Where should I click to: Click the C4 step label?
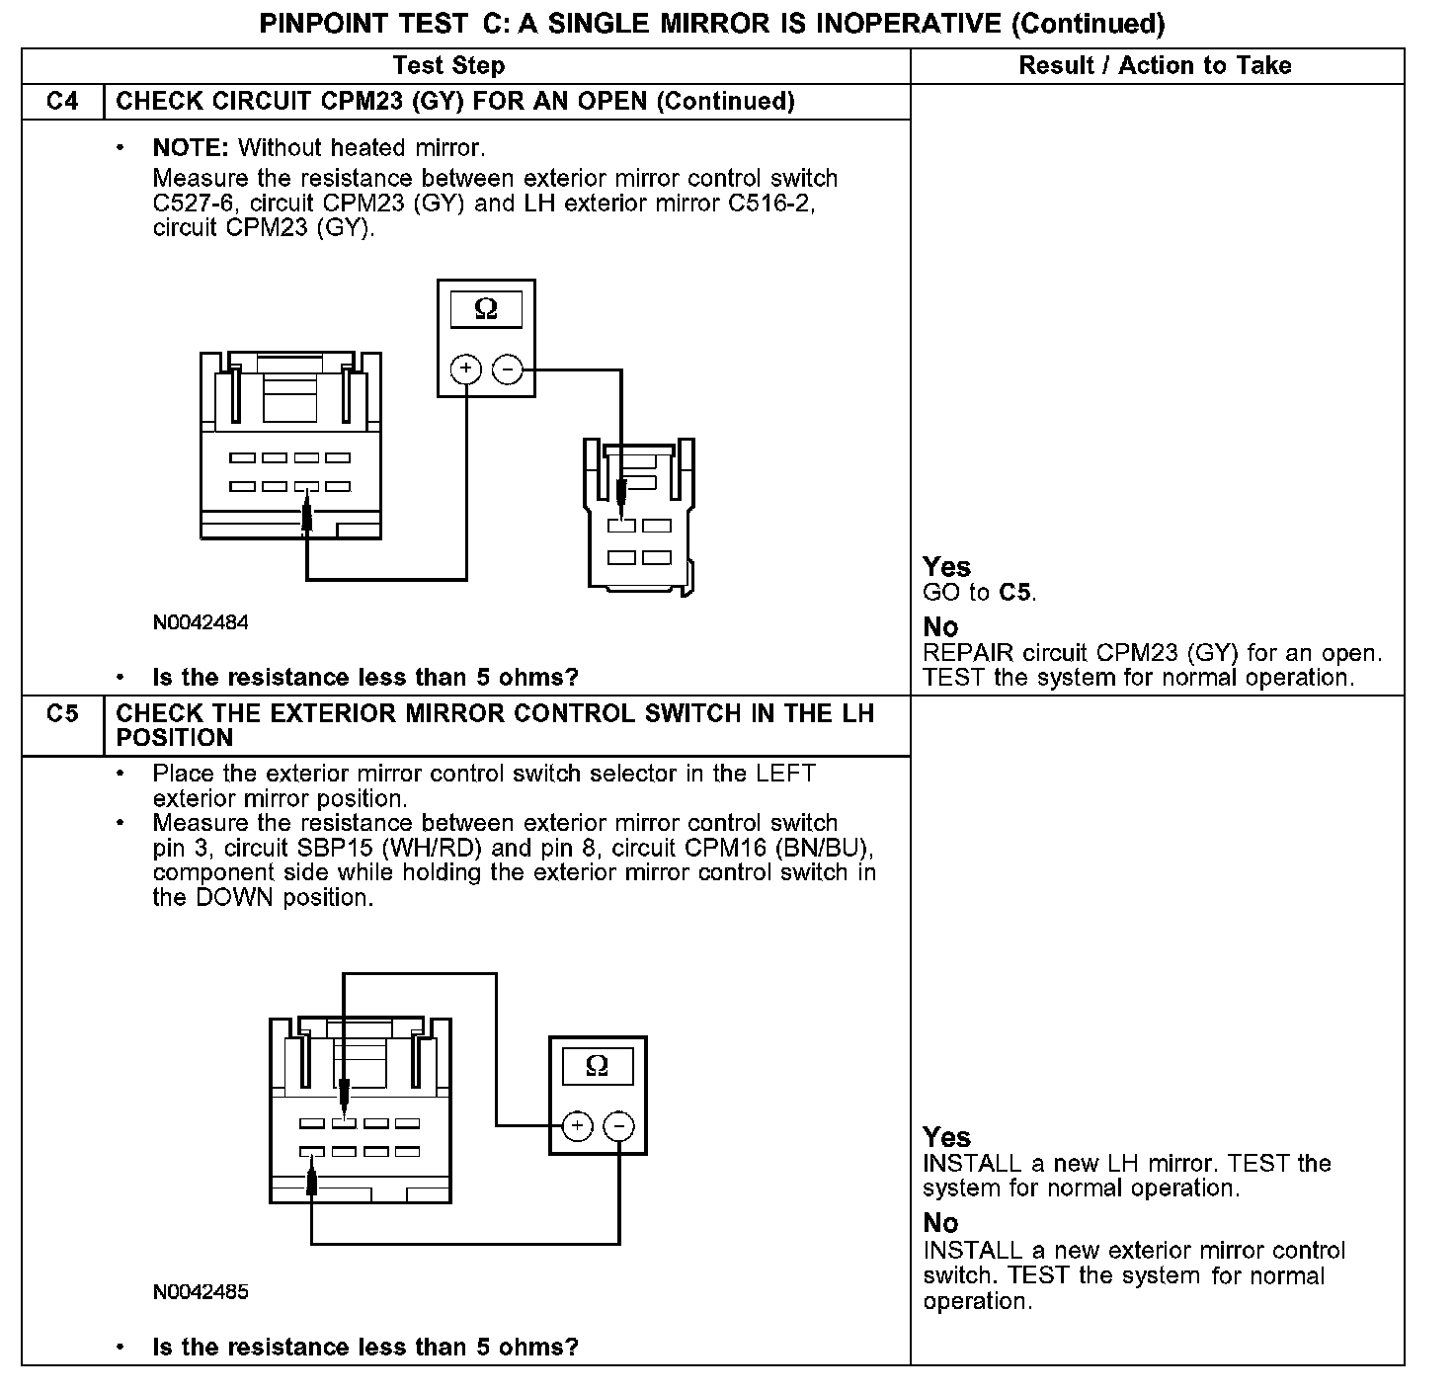click(x=62, y=101)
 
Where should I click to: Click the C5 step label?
click(x=62, y=712)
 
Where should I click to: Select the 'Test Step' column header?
click(x=448, y=66)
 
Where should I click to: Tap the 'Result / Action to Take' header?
click(x=1155, y=66)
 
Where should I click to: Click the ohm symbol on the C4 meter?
click(x=486, y=310)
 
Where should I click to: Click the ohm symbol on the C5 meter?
click(x=597, y=1066)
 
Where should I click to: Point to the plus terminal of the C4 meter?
click(x=466, y=370)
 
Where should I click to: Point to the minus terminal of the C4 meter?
click(x=507, y=370)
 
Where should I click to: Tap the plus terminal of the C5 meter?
click(x=577, y=1126)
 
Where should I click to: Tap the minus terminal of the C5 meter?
click(x=618, y=1126)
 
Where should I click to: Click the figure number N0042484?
click(x=201, y=623)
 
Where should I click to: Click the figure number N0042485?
click(x=201, y=1292)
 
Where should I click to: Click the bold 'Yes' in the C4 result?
click(x=946, y=567)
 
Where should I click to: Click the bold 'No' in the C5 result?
click(x=940, y=1223)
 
